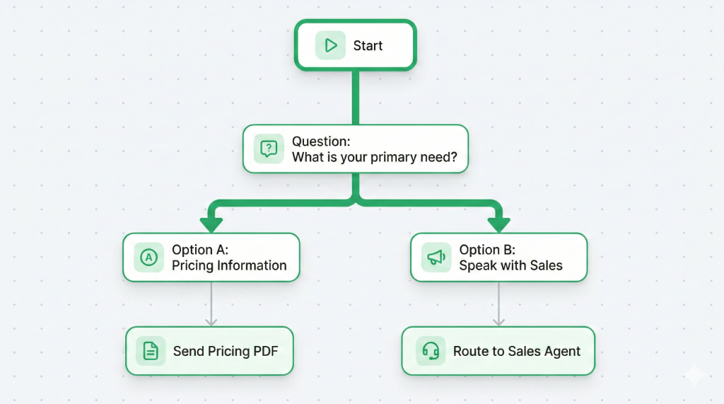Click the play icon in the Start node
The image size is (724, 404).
tap(330, 46)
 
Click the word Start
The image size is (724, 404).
tap(368, 46)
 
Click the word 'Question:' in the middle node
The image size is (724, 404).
tap(320, 142)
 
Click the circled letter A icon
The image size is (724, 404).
tap(148, 258)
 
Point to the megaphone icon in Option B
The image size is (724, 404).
tap(436, 258)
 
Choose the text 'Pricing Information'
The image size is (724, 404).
tap(229, 266)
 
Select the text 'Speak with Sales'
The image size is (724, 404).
tap(510, 266)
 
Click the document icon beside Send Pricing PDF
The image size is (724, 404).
tap(151, 351)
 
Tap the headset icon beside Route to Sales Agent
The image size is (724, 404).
tap(431, 351)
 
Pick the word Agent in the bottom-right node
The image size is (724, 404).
tap(562, 351)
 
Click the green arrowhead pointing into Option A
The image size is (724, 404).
tap(211, 224)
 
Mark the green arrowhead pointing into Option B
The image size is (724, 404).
tap(498, 224)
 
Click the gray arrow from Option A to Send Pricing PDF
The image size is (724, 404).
tap(211, 304)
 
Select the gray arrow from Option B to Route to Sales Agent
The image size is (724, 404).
tap(498, 304)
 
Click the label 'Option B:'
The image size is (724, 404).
tap(487, 250)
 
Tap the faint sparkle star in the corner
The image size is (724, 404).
tap(694, 375)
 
